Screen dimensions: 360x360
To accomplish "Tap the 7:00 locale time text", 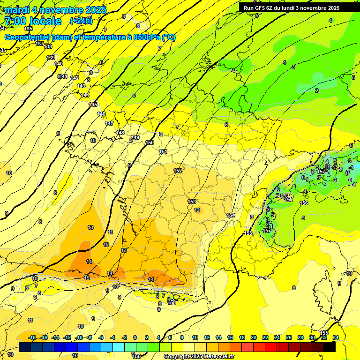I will (32, 21).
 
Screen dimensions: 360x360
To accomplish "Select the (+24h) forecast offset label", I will (81, 21).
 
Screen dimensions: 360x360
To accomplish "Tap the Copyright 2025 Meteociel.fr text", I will (199, 356).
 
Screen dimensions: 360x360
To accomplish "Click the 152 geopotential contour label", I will (178, 171).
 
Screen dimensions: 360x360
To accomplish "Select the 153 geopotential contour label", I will (192, 202).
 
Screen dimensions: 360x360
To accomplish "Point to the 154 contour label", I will (231, 215).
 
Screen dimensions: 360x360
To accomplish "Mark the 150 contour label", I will (150, 142).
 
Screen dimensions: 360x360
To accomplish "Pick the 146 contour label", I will (102, 114).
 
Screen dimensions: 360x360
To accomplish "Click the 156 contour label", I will (304, 203).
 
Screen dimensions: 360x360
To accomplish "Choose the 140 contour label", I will (58, 64).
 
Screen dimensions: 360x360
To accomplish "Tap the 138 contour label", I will (48, 46).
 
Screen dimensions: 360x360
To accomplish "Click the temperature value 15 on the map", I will (87, 278).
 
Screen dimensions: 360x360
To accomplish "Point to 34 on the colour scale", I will (336, 337).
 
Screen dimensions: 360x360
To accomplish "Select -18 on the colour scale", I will (32, 337).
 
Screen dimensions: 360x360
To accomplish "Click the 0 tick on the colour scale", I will (135, 337).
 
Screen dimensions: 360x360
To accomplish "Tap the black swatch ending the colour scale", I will (330, 347).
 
